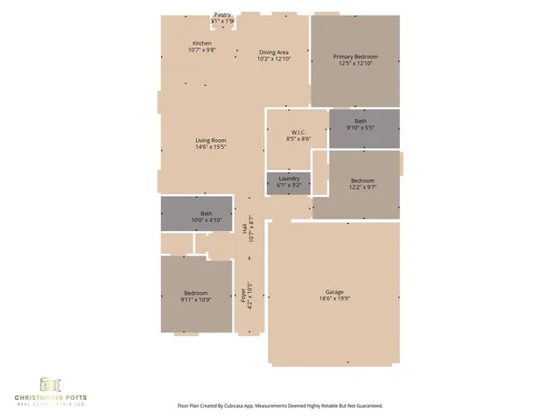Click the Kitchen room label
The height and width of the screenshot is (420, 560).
[x=202, y=44]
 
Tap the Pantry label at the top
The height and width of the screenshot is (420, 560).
[x=223, y=15]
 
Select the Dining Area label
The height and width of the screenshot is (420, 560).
[x=273, y=53]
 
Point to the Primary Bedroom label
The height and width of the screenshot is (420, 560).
[x=355, y=57]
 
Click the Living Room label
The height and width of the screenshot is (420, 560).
[x=211, y=140]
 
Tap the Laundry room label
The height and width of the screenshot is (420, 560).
[x=289, y=178]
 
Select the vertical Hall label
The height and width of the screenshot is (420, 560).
[x=243, y=227]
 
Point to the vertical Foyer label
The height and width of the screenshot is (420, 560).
[x=243, y=296]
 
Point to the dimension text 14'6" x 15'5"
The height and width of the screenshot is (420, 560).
[x=211, y=147]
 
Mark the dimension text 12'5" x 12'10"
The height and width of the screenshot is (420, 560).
[x=355, y=64]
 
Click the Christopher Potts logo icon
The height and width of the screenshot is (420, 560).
[x=48, y=384]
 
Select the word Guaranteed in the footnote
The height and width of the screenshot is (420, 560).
[x=362, y=406]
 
